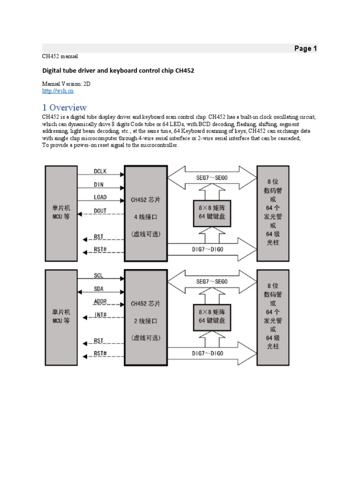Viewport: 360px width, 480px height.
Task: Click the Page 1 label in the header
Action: click(x=305, y=48)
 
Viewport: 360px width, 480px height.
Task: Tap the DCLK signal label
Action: click(x=100, y=172)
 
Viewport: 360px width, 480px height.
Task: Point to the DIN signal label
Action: click(x=99, y=185)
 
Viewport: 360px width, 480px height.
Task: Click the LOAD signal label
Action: click(x=100, y=197)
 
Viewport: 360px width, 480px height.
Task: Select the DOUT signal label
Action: click(x=100, y=211)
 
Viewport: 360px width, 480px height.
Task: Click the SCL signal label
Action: click(x=98, y=276)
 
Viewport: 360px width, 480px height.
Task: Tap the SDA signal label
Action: click(x=99, y=289)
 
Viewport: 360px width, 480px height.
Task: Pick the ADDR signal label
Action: click(x=100, y=301)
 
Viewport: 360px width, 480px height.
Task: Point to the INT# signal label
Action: click(x=100, y=315)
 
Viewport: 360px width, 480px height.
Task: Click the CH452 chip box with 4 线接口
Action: click(x=146, y=213)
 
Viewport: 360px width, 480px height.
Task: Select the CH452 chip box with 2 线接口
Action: click(x=146, y=317)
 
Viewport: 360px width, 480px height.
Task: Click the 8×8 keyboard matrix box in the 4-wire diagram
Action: click(x=212, y=212)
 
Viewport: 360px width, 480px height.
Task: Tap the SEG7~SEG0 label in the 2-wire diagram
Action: click(x=212, y=281)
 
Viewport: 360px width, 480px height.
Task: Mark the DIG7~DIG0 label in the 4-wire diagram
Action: click(x=208, y=249)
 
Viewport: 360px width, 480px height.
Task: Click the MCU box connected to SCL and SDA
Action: click(x=61, y=317)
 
